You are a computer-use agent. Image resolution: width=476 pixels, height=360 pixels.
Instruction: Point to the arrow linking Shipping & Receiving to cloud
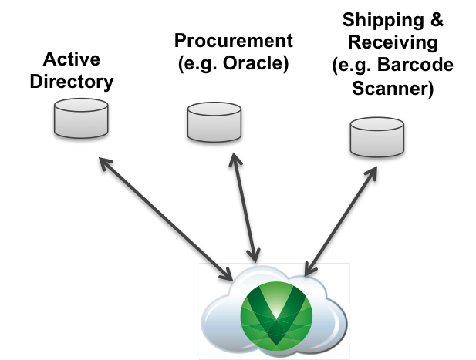[339, 215]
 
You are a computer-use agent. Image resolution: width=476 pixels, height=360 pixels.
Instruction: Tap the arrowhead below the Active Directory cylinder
[101, 163]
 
